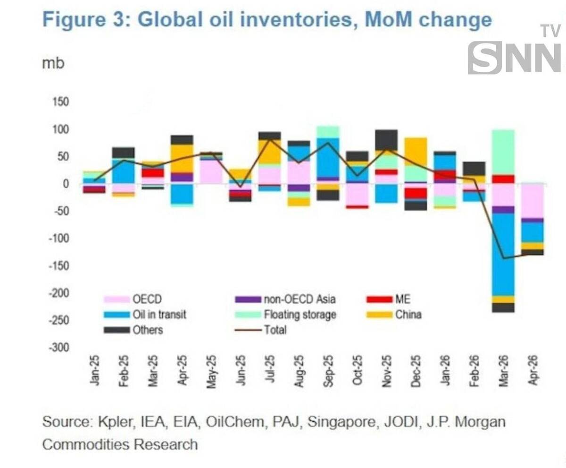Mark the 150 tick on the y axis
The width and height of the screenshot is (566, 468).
(60, 102)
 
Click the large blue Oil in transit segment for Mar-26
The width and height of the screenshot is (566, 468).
(503, 255)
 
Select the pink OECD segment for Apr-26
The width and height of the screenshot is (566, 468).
(533, 201)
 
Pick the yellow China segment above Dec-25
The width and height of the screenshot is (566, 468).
(416, 151)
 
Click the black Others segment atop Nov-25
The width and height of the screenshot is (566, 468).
(387, 140)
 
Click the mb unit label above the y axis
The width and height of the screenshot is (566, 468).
(53, 63)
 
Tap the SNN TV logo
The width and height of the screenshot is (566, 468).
(515, 52)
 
